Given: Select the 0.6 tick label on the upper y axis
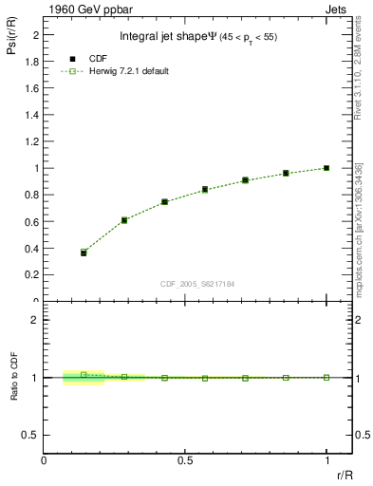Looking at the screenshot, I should [x=28, y=222].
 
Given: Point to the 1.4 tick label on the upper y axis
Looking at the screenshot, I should [x=28, y=115].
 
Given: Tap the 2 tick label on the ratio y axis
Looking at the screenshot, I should [x=33, y=320].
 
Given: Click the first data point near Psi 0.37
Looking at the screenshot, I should [x=84, y=252].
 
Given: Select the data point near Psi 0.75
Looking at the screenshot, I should [x=164, y=201].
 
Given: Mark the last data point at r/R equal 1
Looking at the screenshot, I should [x=326, y=168].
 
